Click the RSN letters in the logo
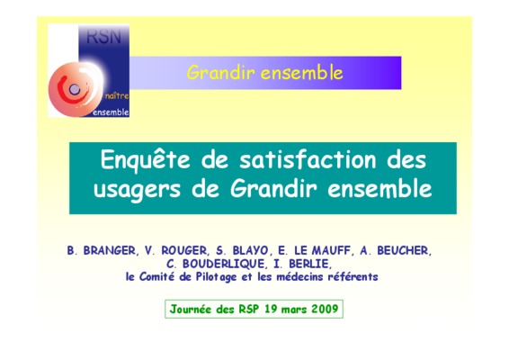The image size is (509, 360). [x=104, y=37]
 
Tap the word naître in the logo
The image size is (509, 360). [x=117, y=96]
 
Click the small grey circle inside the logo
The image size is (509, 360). [x=75, y=89]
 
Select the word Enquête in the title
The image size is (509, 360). [x=145, y=159]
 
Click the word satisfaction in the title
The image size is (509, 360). [x=308, y=159]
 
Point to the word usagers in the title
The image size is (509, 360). [x=137, y=189]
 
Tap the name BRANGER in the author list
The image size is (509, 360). [x=110, y=250]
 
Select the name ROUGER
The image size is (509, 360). [x=184, y=250]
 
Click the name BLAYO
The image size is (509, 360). [x=251, y=250]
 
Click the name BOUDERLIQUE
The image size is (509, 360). [x=224, y=264]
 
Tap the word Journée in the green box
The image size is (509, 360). [x=191, y=309]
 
